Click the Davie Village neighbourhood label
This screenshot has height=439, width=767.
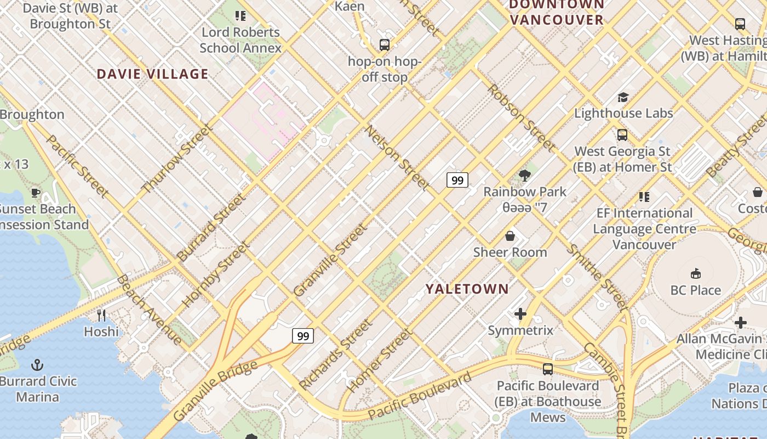click(153, 74)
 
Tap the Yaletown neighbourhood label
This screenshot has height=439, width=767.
click(467, 289)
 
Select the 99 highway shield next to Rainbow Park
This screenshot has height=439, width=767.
click(457, 179)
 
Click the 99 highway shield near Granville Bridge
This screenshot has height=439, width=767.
click(302, 335)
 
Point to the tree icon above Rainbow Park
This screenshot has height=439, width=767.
click(524, 176)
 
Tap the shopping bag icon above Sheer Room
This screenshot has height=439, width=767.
click(510, 236)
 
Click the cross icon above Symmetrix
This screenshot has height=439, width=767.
click(520, 314)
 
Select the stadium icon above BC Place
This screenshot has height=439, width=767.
click(696, 273)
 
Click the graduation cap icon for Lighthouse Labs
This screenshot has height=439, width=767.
click(623, 98)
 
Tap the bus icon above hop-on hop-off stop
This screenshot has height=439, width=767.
click(385, 45)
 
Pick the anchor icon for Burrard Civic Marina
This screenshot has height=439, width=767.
click(37, 364)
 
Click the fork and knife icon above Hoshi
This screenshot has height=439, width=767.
click(101, 315)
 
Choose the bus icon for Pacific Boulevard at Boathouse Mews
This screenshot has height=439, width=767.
click(547, 369)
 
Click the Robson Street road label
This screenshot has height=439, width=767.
click(520, 117)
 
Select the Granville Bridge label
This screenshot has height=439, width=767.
click(215, 391)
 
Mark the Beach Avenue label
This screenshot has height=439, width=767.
click(148, 310)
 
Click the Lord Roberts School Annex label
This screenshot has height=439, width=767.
click(241, 40)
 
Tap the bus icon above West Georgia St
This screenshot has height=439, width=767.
click(622, 135)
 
